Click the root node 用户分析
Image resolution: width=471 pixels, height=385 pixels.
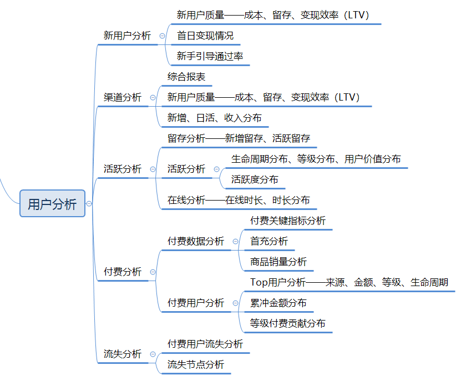point(52,204)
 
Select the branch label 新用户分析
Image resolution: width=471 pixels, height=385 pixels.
point(127,36)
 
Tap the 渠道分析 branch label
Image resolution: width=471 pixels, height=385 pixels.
point(123,97)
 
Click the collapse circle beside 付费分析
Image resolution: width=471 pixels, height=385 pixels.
point(153,272)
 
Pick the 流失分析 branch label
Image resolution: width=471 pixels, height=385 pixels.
point(123,354)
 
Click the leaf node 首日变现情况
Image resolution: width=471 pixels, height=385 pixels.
point(205,36)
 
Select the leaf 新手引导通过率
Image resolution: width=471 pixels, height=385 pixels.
point(210,56)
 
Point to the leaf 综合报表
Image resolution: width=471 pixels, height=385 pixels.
point(186,77)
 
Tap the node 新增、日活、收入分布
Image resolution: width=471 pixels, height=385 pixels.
point(214,118)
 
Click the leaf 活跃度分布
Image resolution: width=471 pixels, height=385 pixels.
point(255,179)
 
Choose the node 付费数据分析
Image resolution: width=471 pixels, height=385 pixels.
point(196,241)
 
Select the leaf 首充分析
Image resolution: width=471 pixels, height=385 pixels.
point(269,241)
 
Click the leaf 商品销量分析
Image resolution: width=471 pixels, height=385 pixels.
point(278,262)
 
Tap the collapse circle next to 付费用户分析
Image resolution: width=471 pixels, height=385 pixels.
point(236,303)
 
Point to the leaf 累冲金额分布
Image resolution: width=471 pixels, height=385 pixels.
point(278,303)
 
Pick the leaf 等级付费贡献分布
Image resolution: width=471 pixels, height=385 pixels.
point(287,323)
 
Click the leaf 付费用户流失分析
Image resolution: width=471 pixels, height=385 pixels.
point(205,344)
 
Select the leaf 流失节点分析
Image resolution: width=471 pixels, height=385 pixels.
point(196,364)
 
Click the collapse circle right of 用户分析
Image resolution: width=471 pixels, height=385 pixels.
point(89,204)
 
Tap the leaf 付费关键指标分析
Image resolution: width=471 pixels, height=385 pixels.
point(287,221)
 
